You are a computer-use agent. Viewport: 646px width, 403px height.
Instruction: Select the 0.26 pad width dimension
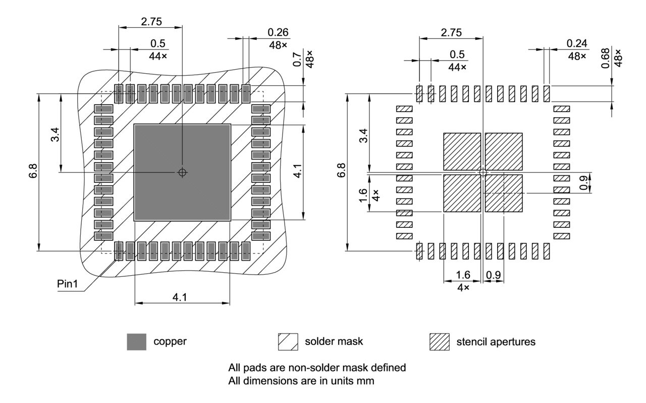pyautogui.click(x=278, y=33)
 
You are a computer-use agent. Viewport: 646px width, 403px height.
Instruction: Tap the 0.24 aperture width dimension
pyautogui.click(x=577, y=44)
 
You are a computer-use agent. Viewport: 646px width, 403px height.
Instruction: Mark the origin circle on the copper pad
pyautogui.click(x=182, y=172)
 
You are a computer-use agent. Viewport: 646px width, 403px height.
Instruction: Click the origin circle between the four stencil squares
pyautogui.click(x=483, y=172)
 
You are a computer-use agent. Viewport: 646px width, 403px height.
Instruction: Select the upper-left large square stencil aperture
pyautogui.click(x=462, y=152)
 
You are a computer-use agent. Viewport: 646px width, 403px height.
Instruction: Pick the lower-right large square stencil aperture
pyautogui.click(x=504, y=193)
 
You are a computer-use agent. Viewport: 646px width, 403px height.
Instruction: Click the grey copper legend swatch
pyautogui.click(x=136, y=342)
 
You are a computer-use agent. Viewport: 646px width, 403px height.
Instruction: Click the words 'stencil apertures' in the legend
pyautogui.click(x=496, y=342)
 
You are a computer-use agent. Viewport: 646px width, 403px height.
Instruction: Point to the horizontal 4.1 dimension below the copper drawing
pyautogui.click(x=180, y=297)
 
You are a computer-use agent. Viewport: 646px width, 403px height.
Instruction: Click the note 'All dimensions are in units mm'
pyautogui.click(x=301, y=381)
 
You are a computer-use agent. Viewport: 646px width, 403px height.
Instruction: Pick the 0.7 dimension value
pyautogui.click(x=297, y=61)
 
